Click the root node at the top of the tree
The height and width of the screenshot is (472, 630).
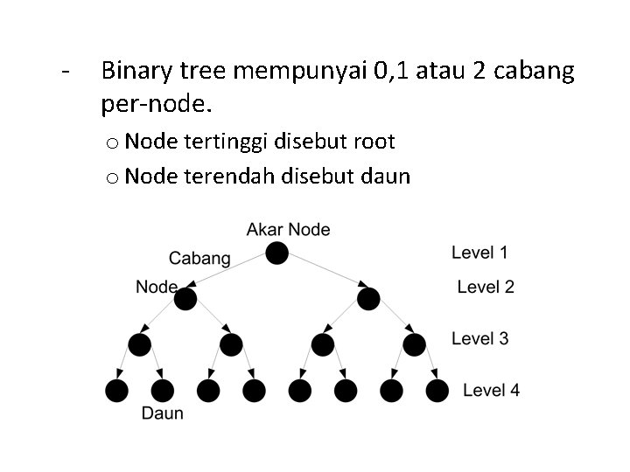click(276, 253)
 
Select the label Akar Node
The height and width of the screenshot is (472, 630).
click(289, 230)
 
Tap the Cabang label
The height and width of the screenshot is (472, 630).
click(199, 258)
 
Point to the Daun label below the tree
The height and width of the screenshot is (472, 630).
click(163, 413)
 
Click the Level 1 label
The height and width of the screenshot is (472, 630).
click(479, 253)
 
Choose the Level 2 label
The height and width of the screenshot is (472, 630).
click(486, 287)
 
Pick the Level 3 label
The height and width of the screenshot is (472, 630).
click(479, 338)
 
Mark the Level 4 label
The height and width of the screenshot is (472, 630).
click(491, 390)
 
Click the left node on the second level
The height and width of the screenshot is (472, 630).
click(185, 300)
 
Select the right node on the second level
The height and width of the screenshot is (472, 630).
click(368, 300)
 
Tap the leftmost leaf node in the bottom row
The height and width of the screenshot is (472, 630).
click(116, 391)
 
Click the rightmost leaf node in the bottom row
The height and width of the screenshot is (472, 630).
click(437, 391)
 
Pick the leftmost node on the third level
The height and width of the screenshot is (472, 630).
click(139, 344)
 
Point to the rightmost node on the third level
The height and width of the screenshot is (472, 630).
click(414, 344)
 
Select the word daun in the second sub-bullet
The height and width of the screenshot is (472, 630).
click(386, 177)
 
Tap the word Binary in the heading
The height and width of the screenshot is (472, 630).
click(134, 72)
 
